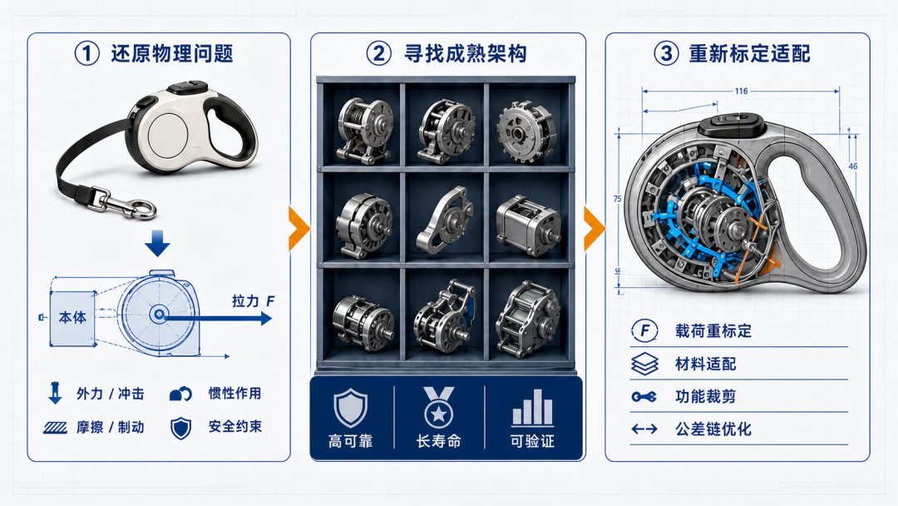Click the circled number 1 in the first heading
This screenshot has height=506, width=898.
(x=87, y=53)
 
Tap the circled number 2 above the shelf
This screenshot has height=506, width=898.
(x=378, y=53)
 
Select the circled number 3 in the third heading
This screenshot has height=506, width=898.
(x=666, y=53)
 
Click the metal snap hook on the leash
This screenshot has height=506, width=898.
(x=124, y=202)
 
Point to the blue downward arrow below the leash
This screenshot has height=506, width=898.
(x=157, y=243)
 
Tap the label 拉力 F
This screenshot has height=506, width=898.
(x=253, y=300)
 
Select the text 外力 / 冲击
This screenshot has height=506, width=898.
(x=111, y=394)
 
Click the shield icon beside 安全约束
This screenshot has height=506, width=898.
(x=181, y=428)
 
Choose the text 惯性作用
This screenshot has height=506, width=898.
(x=234, y=393)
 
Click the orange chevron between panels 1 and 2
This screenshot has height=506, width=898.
(x=299, y=229)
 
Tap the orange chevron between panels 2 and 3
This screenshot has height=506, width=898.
(x=594, y=229)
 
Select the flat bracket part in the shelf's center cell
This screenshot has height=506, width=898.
(x=445, y=220)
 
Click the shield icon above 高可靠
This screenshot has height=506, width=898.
(x=351, y=408)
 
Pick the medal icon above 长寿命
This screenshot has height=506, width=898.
(x=439, y=408)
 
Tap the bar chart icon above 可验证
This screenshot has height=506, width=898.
(x=533, y=408)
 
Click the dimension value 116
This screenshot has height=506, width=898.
(x=741, y=91)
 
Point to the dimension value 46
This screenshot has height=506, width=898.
(x=853, y=166)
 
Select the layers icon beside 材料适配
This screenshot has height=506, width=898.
(x=645, y=364)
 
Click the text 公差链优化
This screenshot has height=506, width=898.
(x=713, y=429)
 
